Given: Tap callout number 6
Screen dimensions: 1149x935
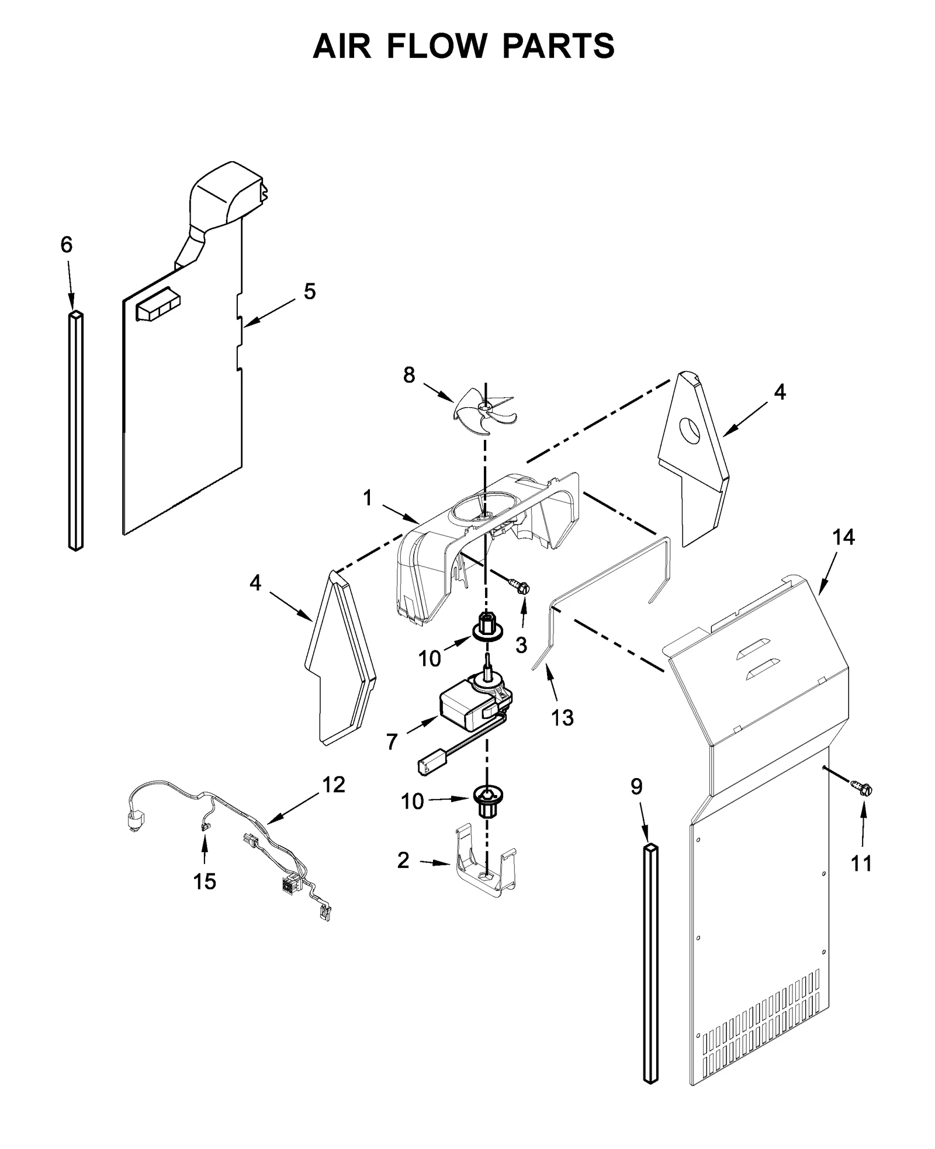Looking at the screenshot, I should tap(67, 245).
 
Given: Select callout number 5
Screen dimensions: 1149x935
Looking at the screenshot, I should tap(309, 291).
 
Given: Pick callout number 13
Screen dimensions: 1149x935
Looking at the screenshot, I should tap(562, 718).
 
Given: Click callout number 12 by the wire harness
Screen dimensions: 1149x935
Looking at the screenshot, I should tap(334, 785).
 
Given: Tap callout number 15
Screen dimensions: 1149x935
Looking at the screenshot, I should tap(205, 881).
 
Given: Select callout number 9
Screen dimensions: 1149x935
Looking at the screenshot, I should tap(636, 787).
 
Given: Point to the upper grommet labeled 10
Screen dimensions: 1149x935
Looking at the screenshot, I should tap(486, 628).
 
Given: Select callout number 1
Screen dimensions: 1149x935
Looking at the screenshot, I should tap(368, 498).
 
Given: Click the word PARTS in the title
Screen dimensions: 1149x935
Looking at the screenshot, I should tap(558, 46).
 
